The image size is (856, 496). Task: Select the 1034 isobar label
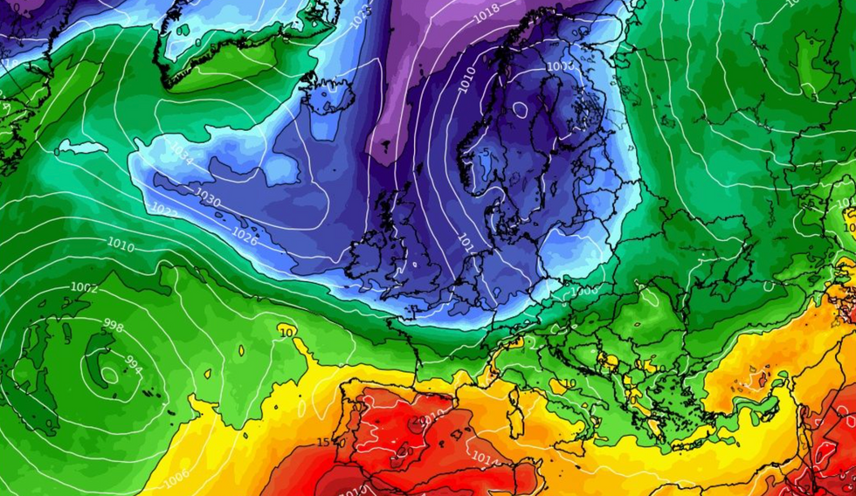click(x=181, y=155)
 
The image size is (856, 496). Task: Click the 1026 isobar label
click(x=245, y=235)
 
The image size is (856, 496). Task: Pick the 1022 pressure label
click(x=163, y=210)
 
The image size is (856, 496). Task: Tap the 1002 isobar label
click(x=85, y=287)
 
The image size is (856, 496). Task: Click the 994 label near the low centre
click(x=133, y=361)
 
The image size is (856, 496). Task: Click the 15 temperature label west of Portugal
click(x=323, y=443)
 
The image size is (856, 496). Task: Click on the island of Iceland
click(x=328, y=94)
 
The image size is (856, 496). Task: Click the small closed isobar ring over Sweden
click(x=521, y=110)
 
